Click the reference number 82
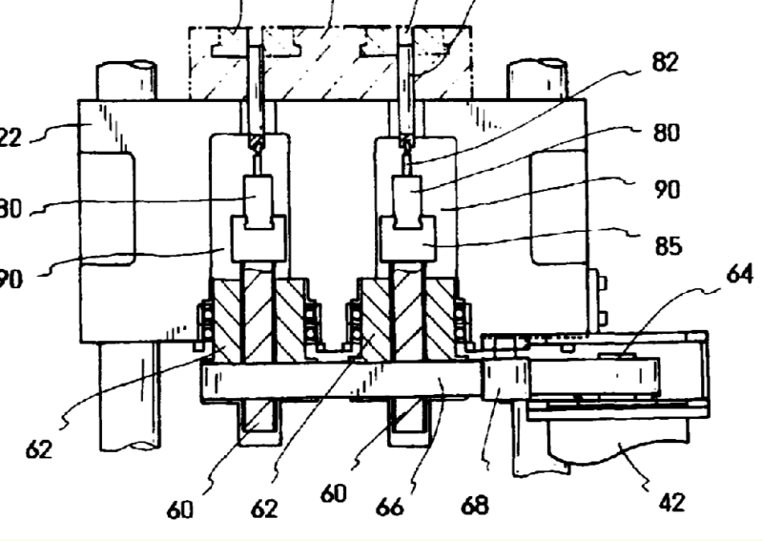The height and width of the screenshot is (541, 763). pyautogui.click(x=665, y=63)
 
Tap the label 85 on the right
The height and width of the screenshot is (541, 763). pyautogui.click(x=668, y=246)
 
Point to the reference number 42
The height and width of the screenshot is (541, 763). pyautogui.click(x=671, y=501)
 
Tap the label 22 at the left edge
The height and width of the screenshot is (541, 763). pyautogui.click(x=10, y=138)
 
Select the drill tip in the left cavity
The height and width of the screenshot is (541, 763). pyautogui.click(x=256, y=143)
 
